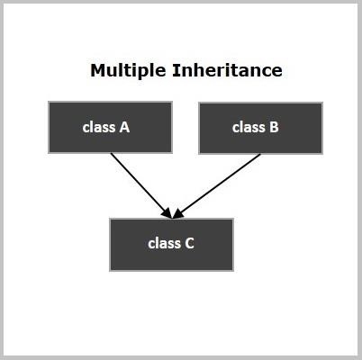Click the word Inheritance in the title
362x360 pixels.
[x=227, y=70]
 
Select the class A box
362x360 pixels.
[x=110, y=128]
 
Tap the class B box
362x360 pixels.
[x=261, y=128]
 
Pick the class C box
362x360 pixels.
[x=171, y=245]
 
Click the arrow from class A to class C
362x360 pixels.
[x=141, y=185]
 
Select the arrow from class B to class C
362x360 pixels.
[x=217, y=186]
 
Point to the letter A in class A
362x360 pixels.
[x=124, y=127]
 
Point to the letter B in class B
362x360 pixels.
[x=274, y=127]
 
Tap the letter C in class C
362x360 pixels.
[x=189, y=243]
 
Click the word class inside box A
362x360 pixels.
[x=99, y=127]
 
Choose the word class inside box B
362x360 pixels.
[x=249, y=127]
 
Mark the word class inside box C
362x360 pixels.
[x=164, y=243]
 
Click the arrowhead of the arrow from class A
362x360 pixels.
[x=167, y=213]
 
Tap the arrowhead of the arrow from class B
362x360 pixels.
[x=178, y=213]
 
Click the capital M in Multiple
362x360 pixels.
[x=97, y=70]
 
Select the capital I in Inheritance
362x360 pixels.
[x=175, y=70]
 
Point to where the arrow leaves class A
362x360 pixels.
[x=111, y=153]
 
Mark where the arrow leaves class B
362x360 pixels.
[x=260, y=154]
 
